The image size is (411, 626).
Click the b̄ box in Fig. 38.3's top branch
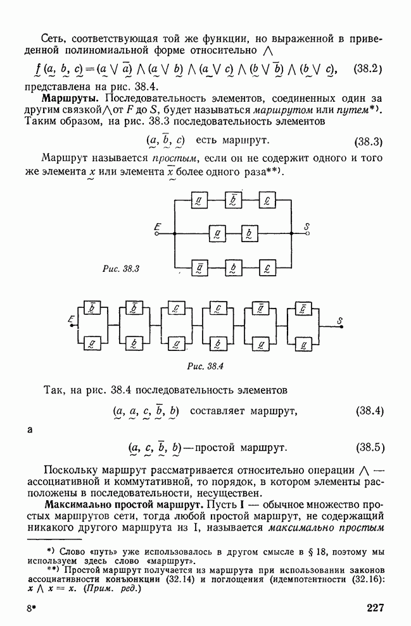click(233, 202)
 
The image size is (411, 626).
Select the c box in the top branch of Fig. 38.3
click(267, 202)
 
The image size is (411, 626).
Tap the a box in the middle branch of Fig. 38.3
click(217, 233)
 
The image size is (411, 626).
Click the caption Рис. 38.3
click(120, 269)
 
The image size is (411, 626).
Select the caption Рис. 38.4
click(206, 365)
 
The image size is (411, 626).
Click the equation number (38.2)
click(369, 68)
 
